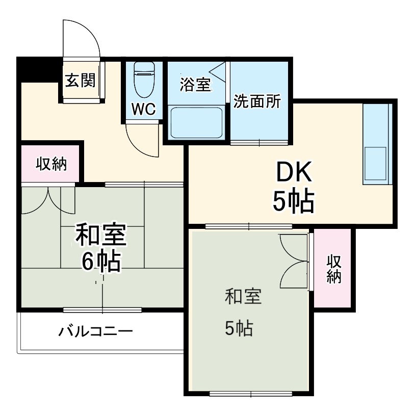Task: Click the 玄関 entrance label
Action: coord(81,80)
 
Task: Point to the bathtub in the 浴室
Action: coord(197,122)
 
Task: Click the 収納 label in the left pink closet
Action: coord(51,164)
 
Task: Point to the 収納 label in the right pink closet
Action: coord(333,269)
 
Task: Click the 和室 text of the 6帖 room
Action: coord(100,236)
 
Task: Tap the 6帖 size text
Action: coord(101,262)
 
